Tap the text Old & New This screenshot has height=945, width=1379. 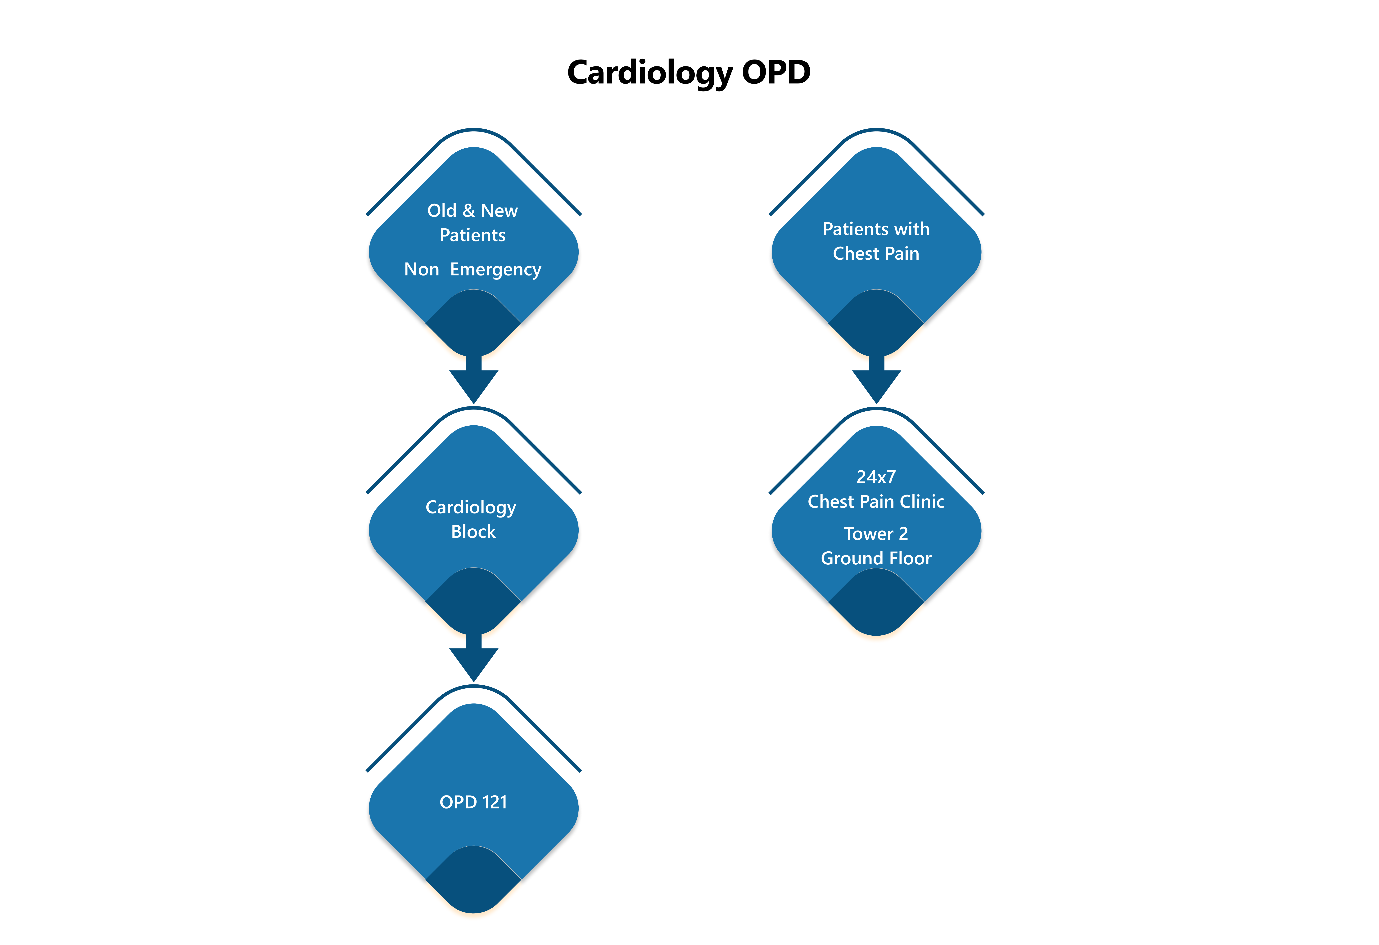[472, 211]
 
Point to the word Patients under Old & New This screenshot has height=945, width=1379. [472, 235]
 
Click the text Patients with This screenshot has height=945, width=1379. [876, 229]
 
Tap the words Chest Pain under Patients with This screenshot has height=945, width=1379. [876, 254]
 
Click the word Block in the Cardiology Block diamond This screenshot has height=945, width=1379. [473, 532]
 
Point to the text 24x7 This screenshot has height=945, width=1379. [876, 477]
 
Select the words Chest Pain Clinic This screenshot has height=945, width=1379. [876, 502]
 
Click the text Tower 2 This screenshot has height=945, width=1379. [876, 534]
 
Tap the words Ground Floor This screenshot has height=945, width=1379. [876, 558]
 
